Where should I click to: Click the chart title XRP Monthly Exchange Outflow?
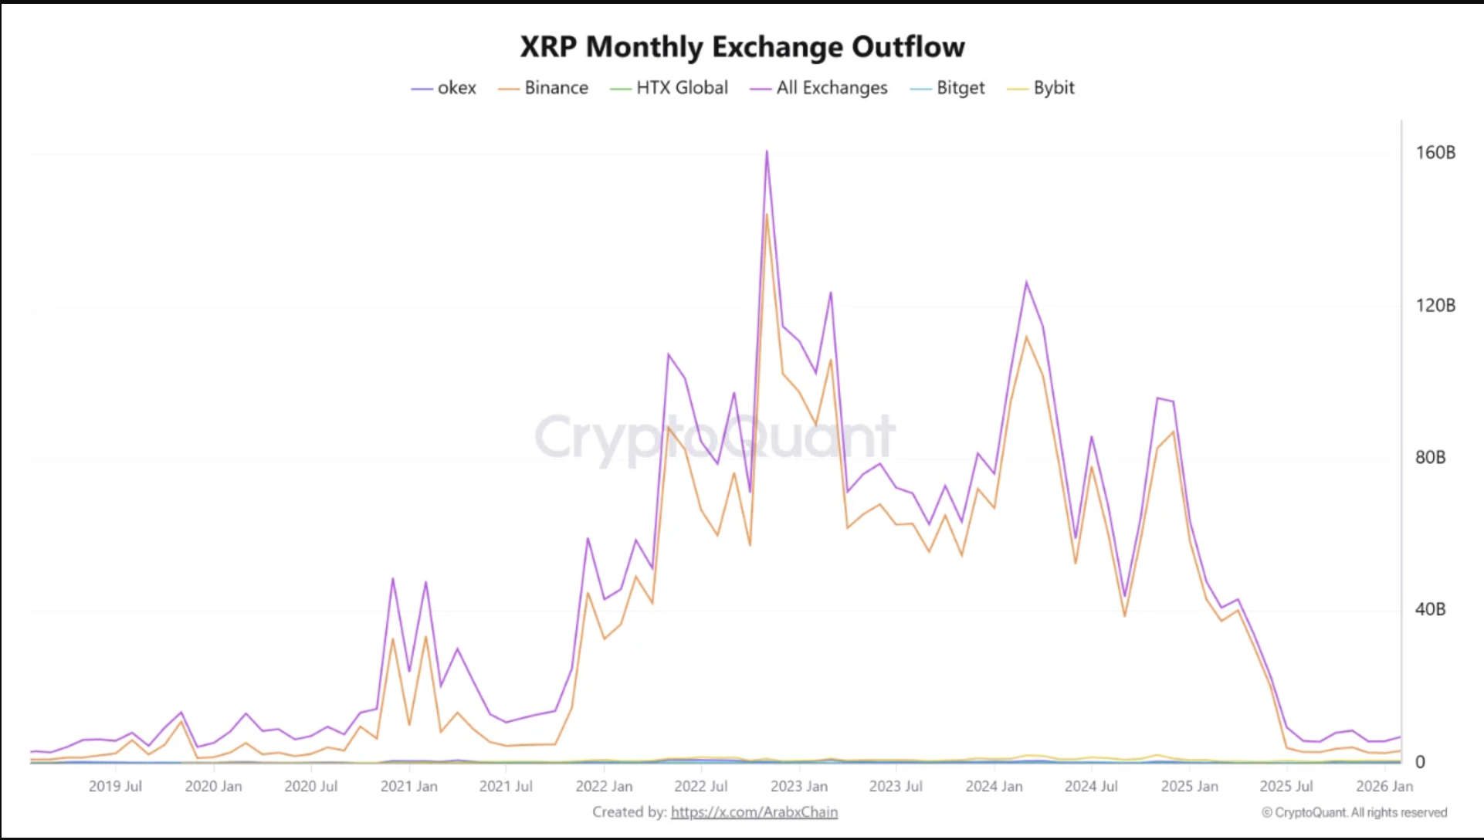pyautogui.click(x=742, y=47)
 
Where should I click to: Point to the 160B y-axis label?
pyautogui.click(x=1435, y=153)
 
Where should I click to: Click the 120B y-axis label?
pyautogui.click(x=1435, y=306)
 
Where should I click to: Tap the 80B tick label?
pyautogui.click(x=1430, y=458)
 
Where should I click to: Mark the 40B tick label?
pyautogui.click(x=1430, y=610)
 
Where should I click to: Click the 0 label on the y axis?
pyautogui.click(x=1420, y=762)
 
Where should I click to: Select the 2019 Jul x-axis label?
pyautogui.click(x=115, y=787)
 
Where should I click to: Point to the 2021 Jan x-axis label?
pyautogui.click(x=408, y=787)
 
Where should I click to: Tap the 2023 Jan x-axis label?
pyautogui.click(x=798, y=787)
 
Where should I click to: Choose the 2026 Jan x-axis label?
pyautogui.click(x=1384, y=787)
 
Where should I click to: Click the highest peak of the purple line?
pyautogui.click(x=767, y=151)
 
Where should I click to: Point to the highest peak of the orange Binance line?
pyautogui.click(x=767, y=215)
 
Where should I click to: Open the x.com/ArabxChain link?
pyautogui.click(x=754, y=812)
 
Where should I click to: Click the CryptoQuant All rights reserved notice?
pyautogui.click(x=1354, y=812)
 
